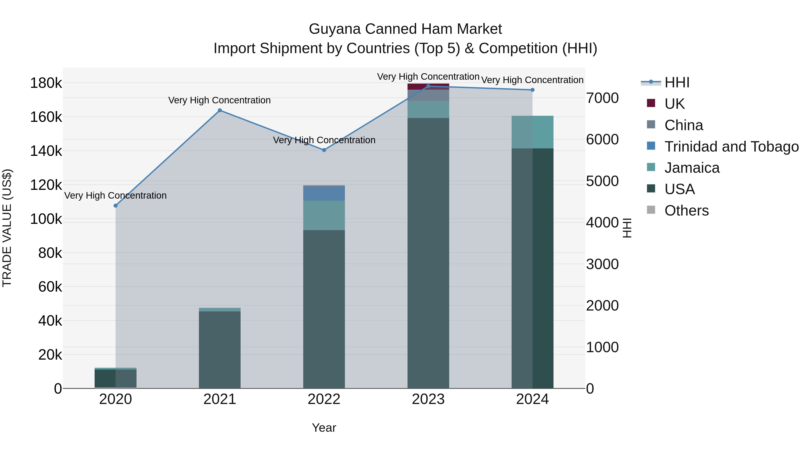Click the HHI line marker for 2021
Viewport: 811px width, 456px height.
click(x=220, y=111)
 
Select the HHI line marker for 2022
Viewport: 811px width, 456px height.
click(x=324, y=150)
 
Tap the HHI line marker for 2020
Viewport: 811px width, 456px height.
click(x=116, y=206)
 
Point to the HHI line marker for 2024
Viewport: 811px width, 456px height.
click(x=532, y=90)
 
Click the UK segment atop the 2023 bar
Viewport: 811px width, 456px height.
click(x=428, y=86)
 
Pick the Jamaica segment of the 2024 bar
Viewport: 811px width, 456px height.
click(x=532, y=132)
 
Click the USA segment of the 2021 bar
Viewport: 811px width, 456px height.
click(x=220, y=349)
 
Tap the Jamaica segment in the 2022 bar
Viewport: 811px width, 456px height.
click(x=324, y=216)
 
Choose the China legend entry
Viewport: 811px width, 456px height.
click(x=683, y=125)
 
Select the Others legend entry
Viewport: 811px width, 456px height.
click(x=686, y=211)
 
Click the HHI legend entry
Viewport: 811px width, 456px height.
click(x=677, y=82)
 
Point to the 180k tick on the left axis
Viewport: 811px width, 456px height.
click(x=46, y=83)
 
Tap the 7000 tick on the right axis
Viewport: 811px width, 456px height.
click(x=602, y=98)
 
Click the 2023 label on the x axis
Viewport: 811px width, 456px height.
click(x=428, y=399)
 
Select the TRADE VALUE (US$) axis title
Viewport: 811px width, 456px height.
click(x=7, y=228)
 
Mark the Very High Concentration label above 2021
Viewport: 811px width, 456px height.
click(x=219, y=100)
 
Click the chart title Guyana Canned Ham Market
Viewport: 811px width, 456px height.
click(x=405, y=29)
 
